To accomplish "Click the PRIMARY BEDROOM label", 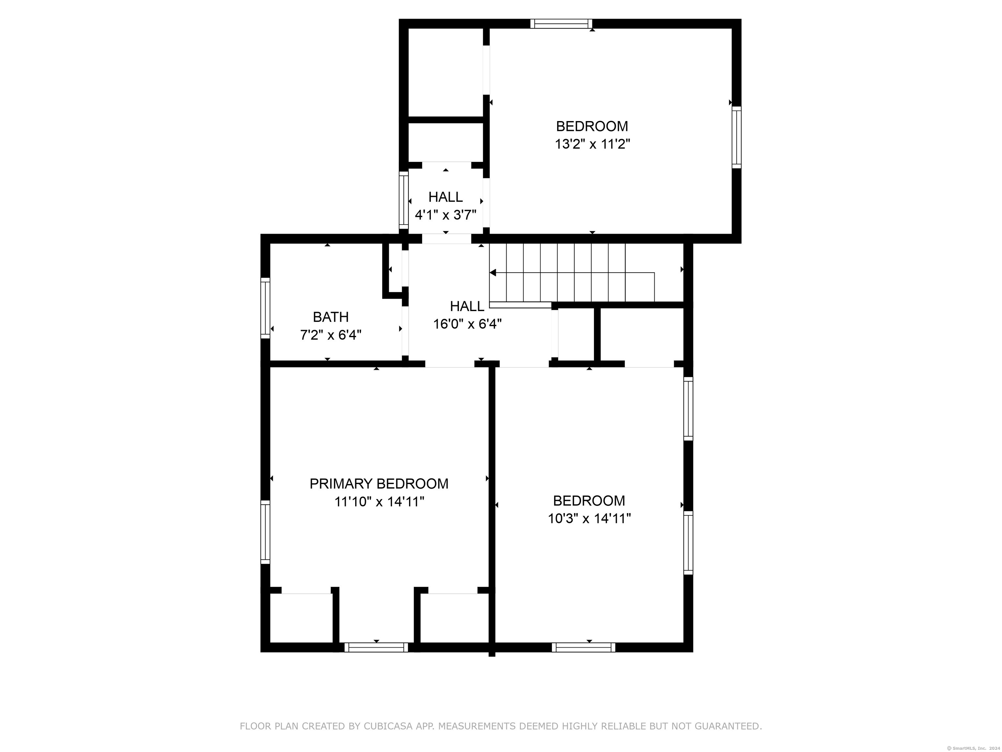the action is tap(379, 484).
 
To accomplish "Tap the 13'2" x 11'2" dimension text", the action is tap(593, 144).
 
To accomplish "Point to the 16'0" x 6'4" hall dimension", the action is tap(467, 324).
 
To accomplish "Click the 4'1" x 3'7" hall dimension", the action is tap(446, 214).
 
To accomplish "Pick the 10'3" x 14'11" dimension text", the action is tap(589, 518).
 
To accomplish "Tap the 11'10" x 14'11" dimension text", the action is tap(379, 502).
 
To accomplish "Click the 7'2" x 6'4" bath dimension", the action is tap(331, 335).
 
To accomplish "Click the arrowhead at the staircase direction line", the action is tap(493, 273).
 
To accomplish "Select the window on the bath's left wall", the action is tap(266, 308).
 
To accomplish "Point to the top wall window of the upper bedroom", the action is tap(561, 23).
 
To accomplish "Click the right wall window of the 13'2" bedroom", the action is tap(736, 137).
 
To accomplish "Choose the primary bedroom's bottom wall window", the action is tap(376, 647).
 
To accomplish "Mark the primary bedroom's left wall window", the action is tap(266, 532).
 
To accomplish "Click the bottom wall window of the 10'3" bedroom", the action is tap(584, 647).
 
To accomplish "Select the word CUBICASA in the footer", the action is tap(388, 726).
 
